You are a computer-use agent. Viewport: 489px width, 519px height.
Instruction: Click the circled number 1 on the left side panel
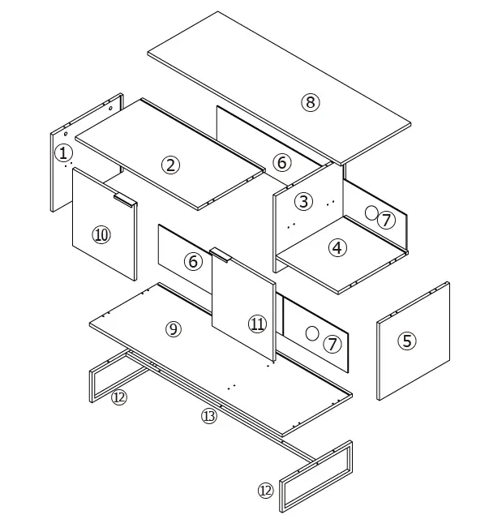pos(63,152)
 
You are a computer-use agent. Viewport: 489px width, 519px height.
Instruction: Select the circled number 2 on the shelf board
pos(170,165)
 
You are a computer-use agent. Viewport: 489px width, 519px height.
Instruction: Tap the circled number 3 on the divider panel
pos(302,201)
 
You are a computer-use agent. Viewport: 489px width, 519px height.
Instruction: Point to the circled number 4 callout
pos(337,248)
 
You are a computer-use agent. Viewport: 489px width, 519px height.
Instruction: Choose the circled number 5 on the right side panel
pos(406,341)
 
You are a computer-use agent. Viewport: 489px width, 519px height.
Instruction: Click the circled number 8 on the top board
pos(311,102)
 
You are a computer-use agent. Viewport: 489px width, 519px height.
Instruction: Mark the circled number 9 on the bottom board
pos(173,328)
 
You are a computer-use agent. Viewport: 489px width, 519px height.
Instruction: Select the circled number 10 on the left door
pos(101,235)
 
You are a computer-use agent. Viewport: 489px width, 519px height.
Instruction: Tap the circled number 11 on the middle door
pos(257,324)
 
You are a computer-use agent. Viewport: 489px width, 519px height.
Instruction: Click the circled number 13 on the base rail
pos(209,416)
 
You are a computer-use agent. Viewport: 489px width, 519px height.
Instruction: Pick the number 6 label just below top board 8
pos(281,162)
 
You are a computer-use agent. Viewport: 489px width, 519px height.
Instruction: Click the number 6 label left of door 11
pos(193,262)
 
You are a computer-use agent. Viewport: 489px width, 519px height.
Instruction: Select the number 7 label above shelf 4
pos(386,220)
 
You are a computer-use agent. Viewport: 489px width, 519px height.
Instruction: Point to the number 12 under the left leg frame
pos(119,397)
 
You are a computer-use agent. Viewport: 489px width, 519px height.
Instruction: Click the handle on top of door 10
pos(124,196)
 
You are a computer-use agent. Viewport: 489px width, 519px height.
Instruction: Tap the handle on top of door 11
pos(221,254)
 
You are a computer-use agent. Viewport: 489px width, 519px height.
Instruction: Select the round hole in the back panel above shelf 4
pos(371,213)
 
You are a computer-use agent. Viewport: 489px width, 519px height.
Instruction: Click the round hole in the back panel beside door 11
pos(311,333)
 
